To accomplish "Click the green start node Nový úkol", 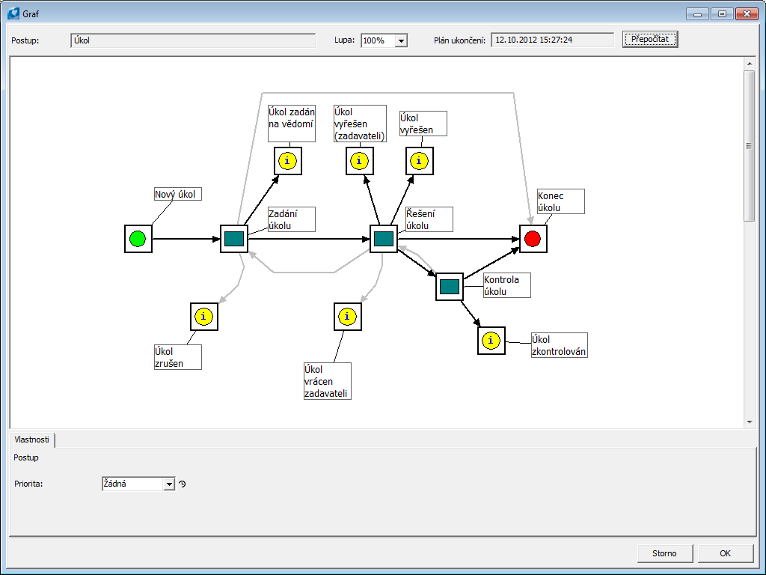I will tap(138, 239).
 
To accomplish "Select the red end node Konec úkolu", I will tap(533, 239).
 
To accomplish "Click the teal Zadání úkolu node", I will tap(234, 239).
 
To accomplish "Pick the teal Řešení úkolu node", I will tap(384, 239).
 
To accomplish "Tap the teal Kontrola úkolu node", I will tap(450, 287).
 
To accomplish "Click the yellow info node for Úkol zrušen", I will tap(204, 317).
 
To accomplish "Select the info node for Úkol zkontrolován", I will tap(491, 341).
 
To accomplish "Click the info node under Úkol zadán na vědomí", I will tap(287, 161).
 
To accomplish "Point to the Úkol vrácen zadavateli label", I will tap(327, 381).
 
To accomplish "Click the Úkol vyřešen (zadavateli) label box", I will tap(360, 124).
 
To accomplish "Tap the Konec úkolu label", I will tap(560, 201).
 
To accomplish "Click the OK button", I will tap(725, 553).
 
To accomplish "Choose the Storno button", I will tap(664, 553).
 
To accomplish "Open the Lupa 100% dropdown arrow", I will tap(401, 40).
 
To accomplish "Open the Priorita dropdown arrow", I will tap(168, 484).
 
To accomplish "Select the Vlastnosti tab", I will tap(32, 439).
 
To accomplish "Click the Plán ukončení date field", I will tap(552, 40).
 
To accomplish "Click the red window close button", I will tap(746, 13).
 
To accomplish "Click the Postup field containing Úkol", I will tap(193, 40).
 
